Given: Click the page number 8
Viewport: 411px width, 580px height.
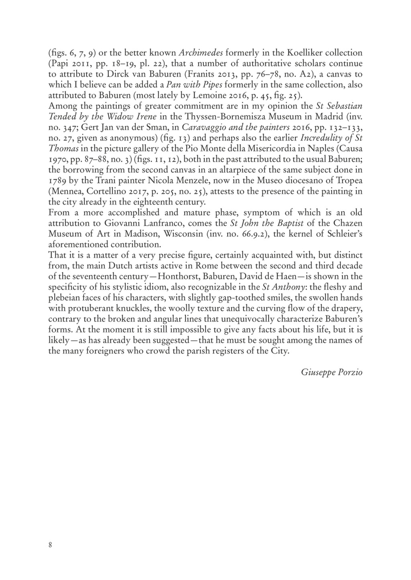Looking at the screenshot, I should click(50, 545).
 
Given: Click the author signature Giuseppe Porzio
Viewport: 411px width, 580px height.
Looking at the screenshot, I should click(332, 372).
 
